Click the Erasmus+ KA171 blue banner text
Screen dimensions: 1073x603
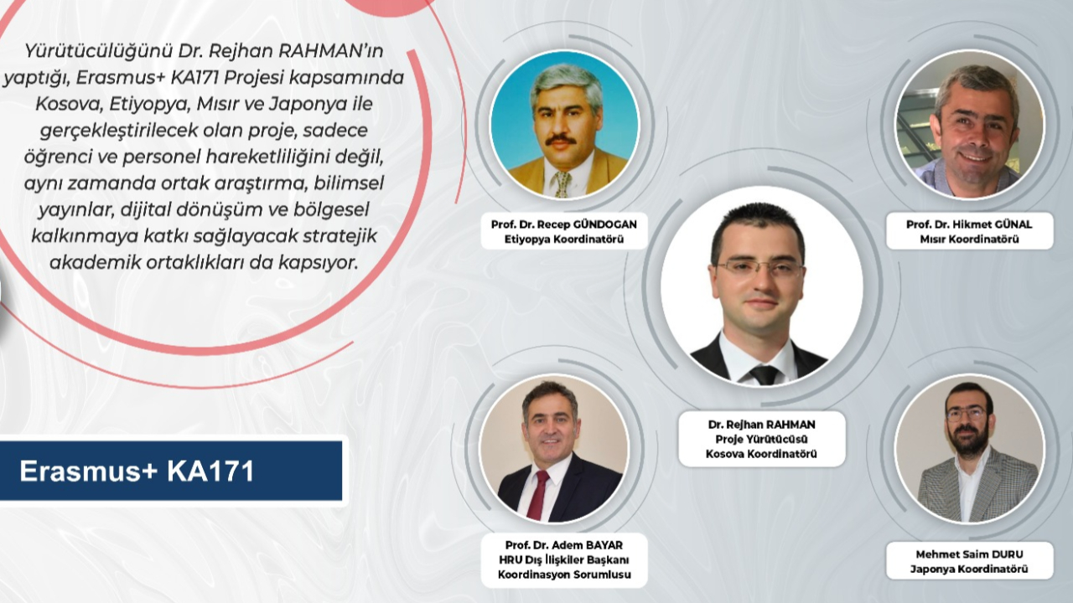pos(137,472)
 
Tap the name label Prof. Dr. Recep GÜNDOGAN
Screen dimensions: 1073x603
pos(564,224)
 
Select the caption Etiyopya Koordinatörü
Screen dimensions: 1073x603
pos(564,240)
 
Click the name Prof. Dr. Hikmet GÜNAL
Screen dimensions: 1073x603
pos(969,224)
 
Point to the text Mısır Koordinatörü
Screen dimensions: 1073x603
pos(969,240)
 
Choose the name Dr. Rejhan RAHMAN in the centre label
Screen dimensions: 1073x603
pos(762,425)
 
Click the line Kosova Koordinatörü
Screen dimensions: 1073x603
pos(762,454)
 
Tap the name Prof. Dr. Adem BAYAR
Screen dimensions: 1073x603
pos(564,545)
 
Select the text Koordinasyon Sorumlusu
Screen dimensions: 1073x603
pos(564,575)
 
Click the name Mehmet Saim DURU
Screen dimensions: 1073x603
pos(969,554)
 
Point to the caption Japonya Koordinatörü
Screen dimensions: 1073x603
pos(969,569)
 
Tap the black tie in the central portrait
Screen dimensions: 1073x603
pos(765,375)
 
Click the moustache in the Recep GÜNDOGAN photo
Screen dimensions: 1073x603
pos(561,140)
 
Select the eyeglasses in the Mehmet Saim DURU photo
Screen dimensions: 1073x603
pos(966,415)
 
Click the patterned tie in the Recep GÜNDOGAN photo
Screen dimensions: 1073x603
pos(562,183)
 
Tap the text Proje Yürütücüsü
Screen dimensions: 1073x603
pos(762,439)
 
